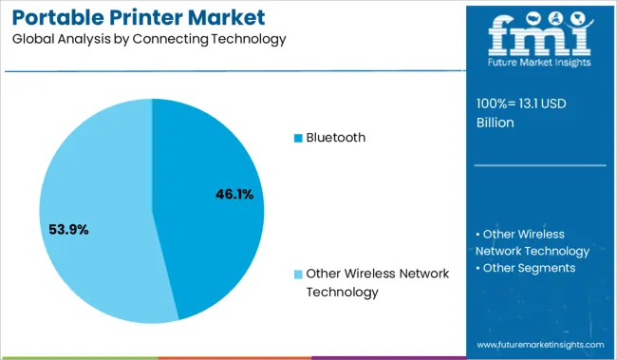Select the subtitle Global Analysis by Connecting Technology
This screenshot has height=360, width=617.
(x=143, y=39)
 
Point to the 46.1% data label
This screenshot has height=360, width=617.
(x=234, y=195)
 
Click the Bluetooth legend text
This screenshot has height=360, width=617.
(x=335, y=138)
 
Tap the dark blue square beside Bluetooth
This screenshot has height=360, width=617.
(x=298, y=139)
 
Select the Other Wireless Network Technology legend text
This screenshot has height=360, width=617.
(x=371, y=282)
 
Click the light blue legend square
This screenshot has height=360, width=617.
(x=298, y=275)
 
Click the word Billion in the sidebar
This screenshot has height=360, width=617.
(x=495, y=123)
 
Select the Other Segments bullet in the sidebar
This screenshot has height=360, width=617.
(x=528, y=268)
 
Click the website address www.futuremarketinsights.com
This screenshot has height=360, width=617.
(x=540, y=344)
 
